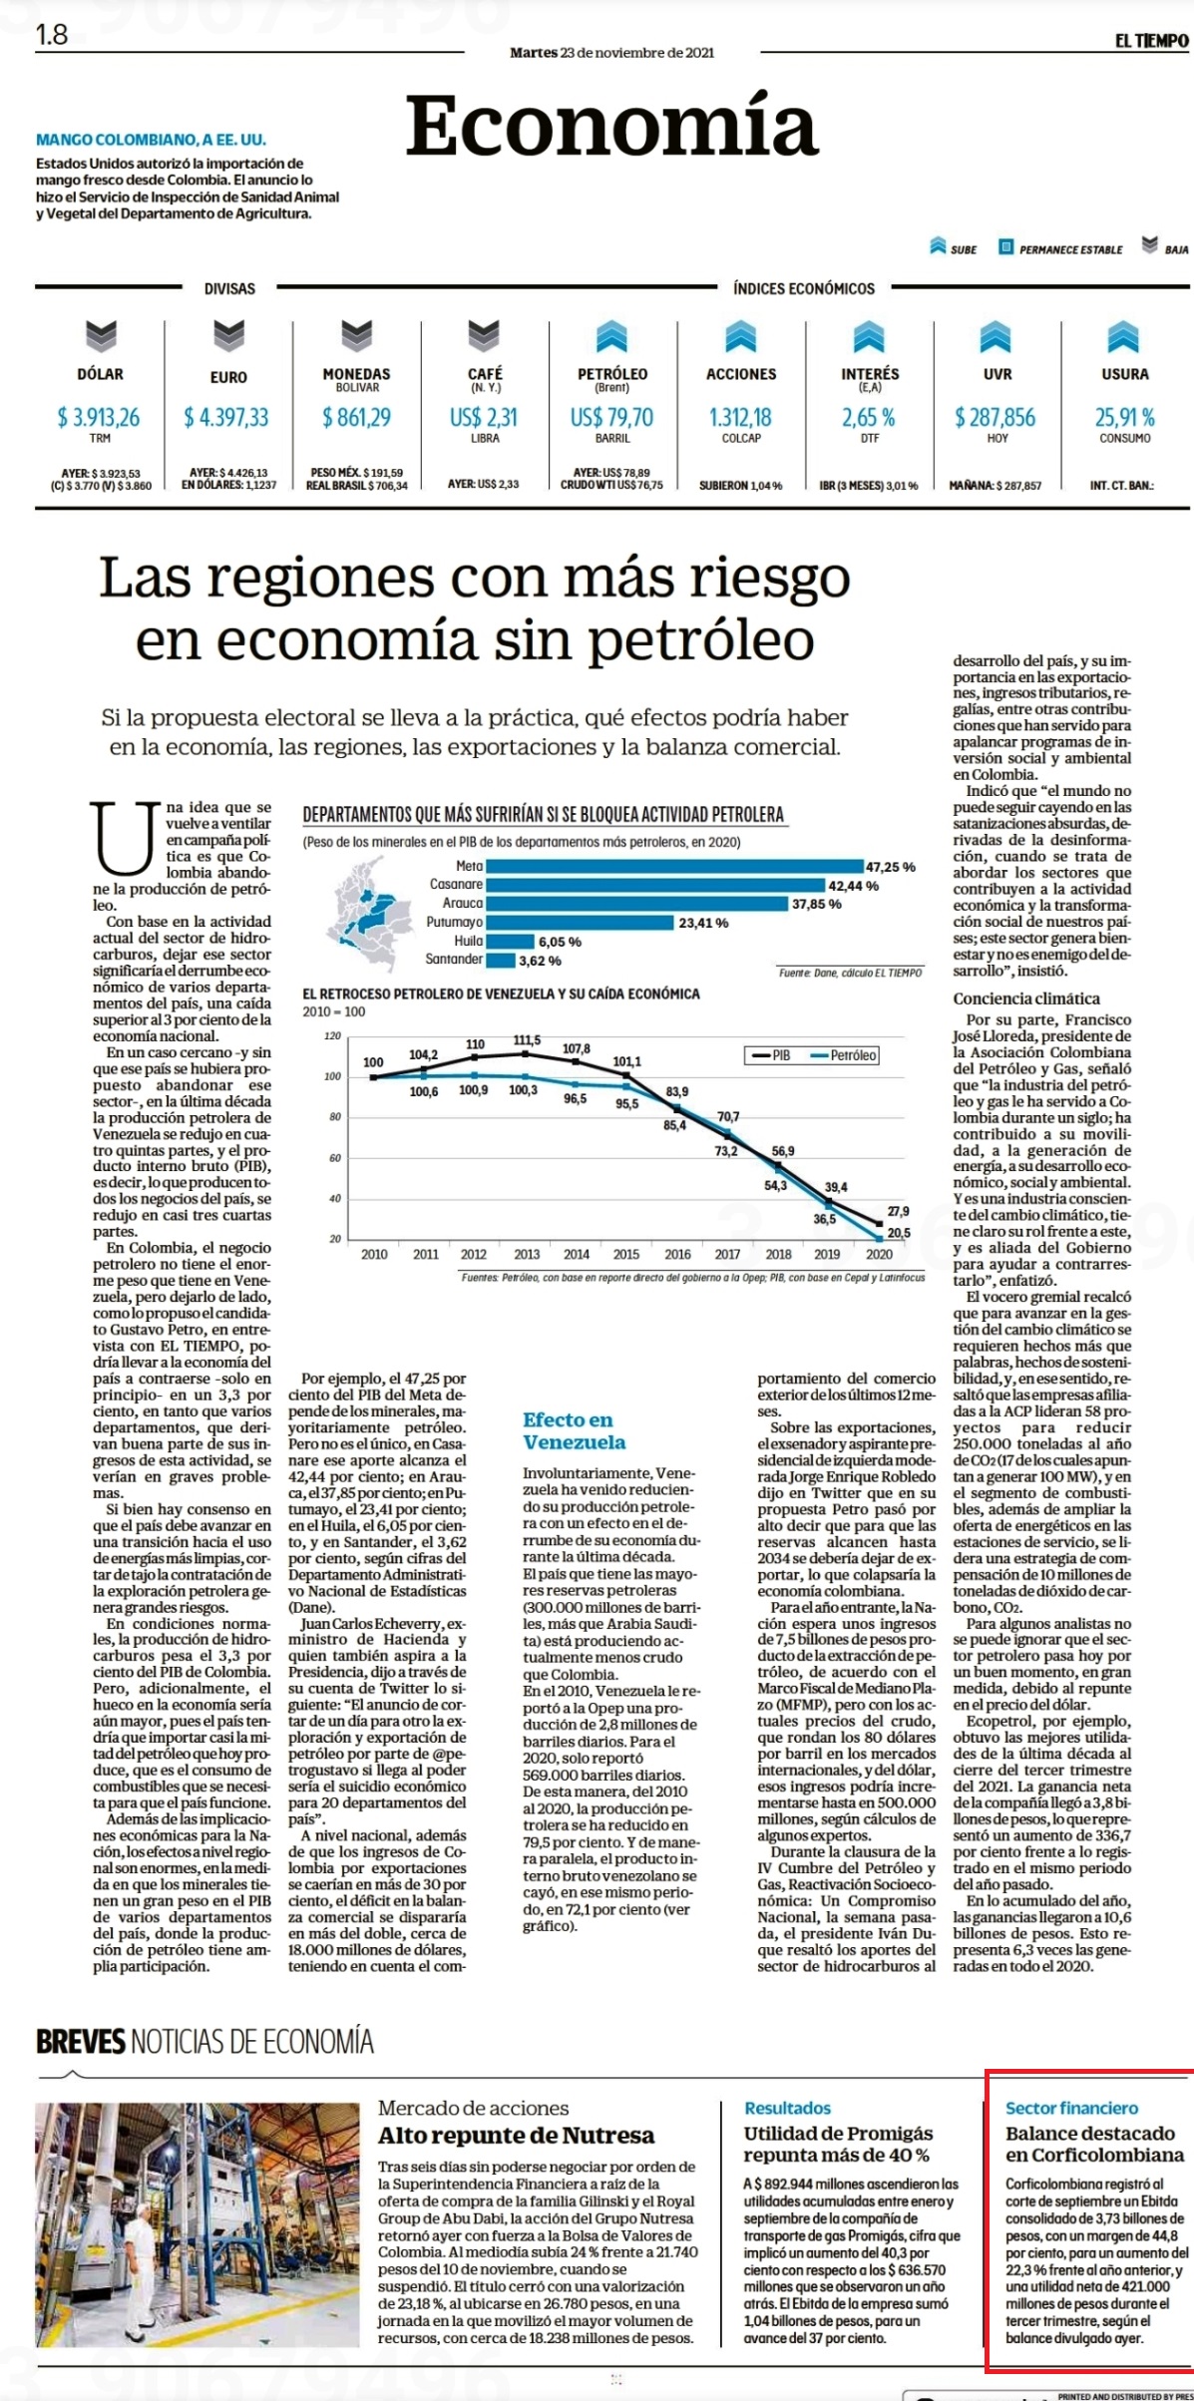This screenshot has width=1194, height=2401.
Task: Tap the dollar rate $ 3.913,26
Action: [x=99, y=417]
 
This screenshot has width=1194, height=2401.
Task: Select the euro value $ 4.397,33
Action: [x=226, y=417]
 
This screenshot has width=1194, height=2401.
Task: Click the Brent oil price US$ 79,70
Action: [x=611, y=417]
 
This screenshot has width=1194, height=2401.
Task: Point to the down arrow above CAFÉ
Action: [x=484, y=336]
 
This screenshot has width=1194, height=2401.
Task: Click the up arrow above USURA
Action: [x=1123, y=336]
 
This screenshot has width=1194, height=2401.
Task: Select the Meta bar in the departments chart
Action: [x=674, y=866]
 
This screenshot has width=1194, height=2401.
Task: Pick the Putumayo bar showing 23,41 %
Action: [x=581, y=923]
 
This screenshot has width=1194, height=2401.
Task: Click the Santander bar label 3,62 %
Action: [x=540, y=961]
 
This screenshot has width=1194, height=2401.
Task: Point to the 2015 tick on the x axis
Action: [x=626, y=1254]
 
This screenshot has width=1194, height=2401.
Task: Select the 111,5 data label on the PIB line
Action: [x=527, y=1040]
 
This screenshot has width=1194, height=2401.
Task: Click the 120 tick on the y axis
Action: [x=332, y=1036]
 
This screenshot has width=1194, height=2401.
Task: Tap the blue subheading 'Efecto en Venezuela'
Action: [x=574, y=1430]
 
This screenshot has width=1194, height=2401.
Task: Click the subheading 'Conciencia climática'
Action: [x=1026, y=999]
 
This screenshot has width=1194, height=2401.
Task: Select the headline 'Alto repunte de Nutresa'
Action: [x=517, y=2136]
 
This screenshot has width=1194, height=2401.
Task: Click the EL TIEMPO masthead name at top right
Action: [x=1152, y=41]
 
